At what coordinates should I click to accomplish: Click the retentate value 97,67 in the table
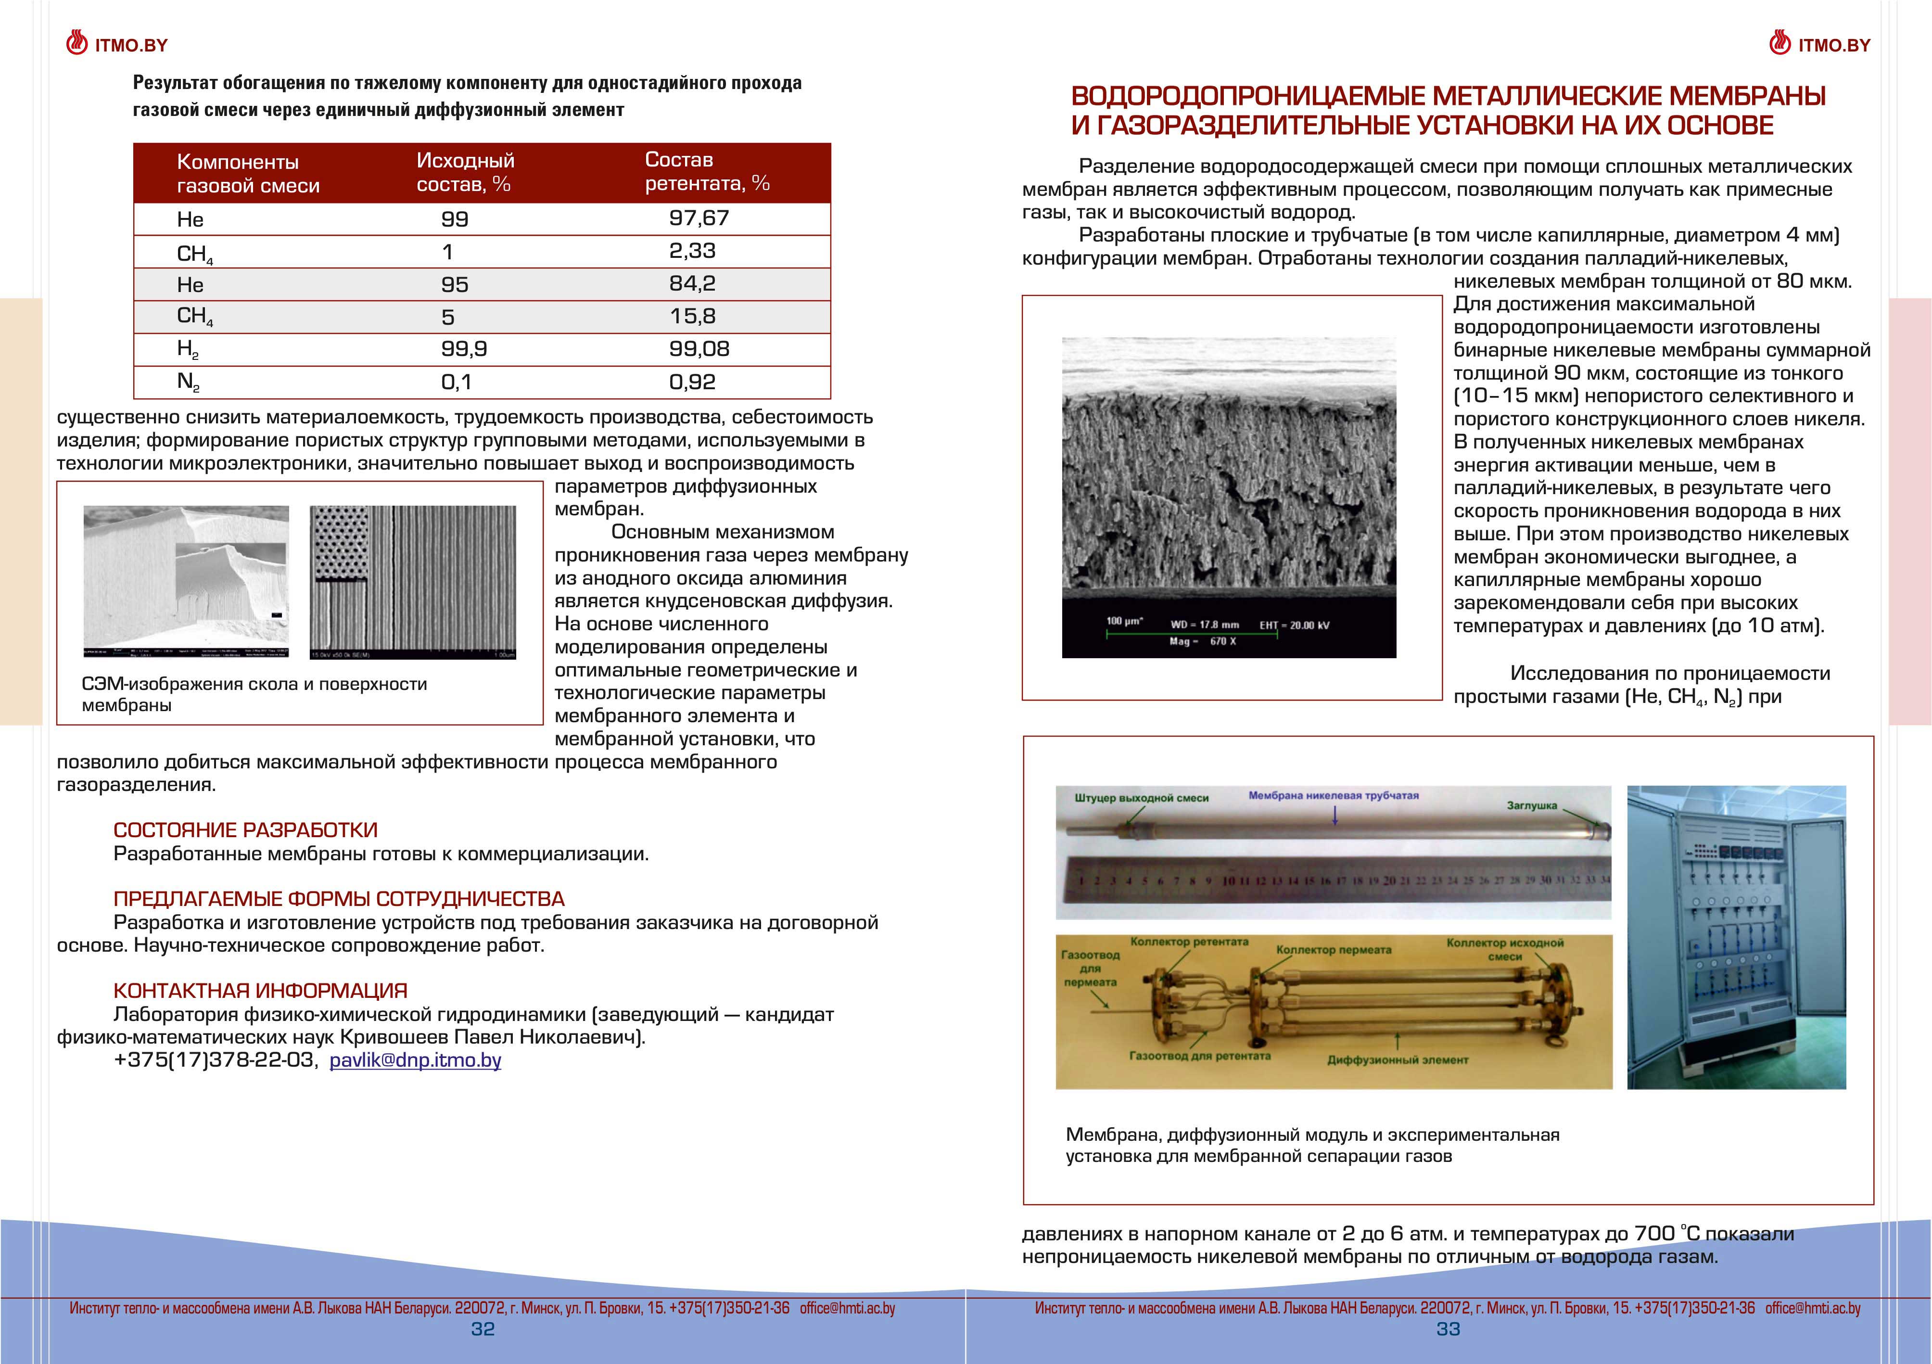click(x=699, y=218)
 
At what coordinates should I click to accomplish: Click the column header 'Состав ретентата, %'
click(x=707, y=172)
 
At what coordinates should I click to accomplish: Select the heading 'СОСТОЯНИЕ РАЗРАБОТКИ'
click(x=245, y=830)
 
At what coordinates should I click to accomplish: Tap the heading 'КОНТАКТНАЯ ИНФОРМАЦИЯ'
click(x=260, y=991)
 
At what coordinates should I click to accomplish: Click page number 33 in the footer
click(x=1448, y=1329)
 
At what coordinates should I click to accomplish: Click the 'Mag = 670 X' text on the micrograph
click(x=1203, y=641)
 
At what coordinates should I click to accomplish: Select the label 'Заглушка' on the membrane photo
click(x=1531, y=805)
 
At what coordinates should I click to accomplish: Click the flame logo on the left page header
click(x=76, y=44)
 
